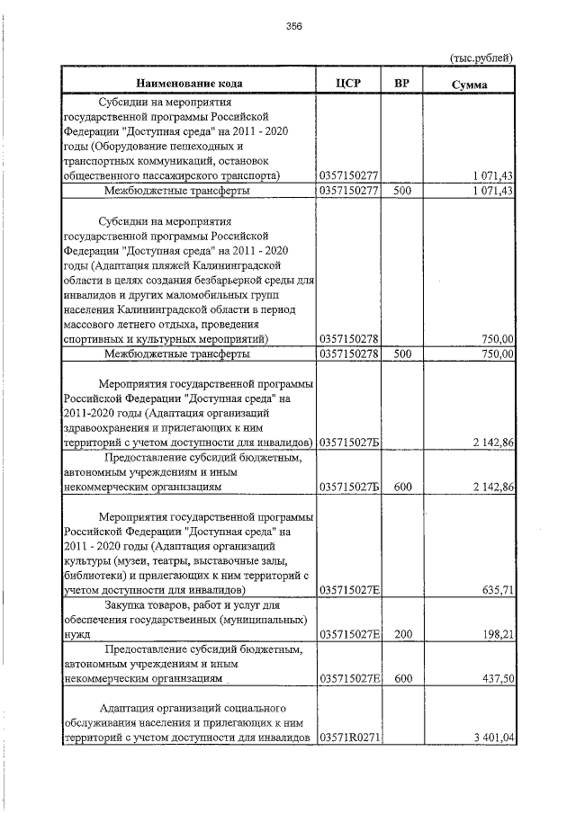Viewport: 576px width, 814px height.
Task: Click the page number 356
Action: click(x=293, y=26)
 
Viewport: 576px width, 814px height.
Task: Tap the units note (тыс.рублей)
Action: click(x=481, y=58)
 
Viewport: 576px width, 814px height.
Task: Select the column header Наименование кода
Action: click(x=189, y=84)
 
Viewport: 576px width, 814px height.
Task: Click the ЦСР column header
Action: click(x=346, y=84)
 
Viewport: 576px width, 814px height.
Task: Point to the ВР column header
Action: click(x=402, y=84)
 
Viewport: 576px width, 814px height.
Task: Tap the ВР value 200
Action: click(x=402, y=634)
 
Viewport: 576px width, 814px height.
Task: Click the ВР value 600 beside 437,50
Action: click(x=402, y=679)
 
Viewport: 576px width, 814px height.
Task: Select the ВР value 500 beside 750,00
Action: click(x=402, y=354)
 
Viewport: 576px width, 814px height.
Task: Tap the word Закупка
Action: click(x=126, y=605)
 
